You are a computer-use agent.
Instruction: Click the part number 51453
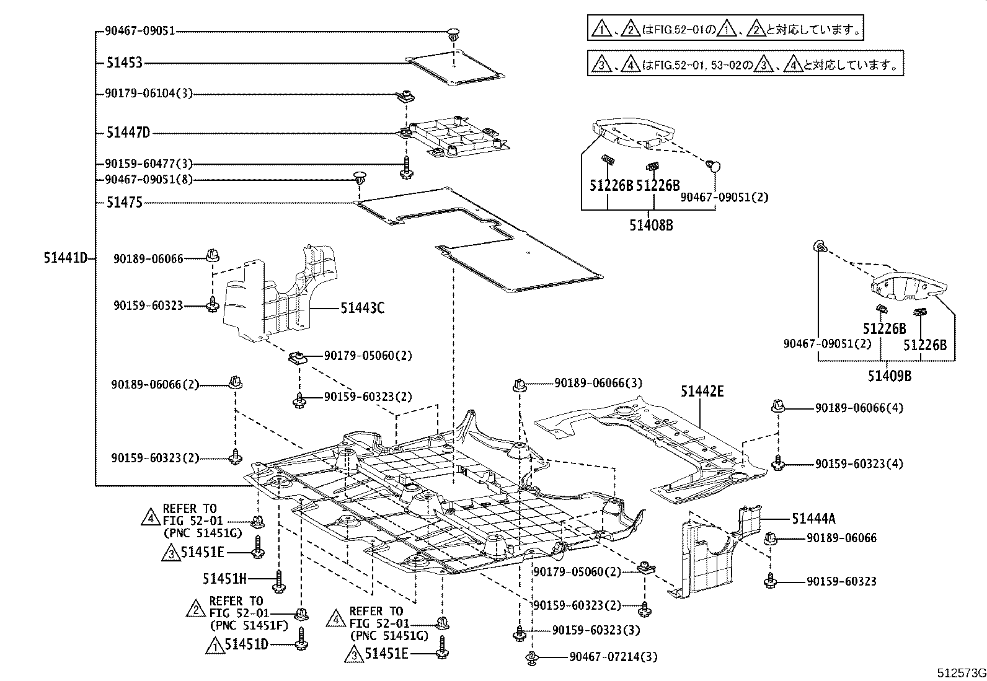pos(124,63)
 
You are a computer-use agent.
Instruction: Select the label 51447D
pos(128,133)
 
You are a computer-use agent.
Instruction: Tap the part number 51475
pos(124,203)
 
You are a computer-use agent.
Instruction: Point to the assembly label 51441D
pos(65,258)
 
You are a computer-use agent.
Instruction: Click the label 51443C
pos(361,307)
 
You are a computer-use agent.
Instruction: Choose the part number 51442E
pos(702,392)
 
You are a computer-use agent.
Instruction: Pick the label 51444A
pos(813,519)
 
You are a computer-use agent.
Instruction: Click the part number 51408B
pos(651,226)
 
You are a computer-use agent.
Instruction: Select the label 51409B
pos(888,376)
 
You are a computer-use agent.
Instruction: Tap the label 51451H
pos(224,579)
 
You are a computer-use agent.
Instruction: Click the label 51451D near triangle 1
pos(246,644)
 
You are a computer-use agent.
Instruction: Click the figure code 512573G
pos(960,673)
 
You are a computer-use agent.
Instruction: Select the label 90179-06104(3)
pos(149,94)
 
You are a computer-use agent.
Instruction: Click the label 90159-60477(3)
pos(149,164)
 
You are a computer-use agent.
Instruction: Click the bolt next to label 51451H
pos(278,580)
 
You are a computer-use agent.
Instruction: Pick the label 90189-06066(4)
pos(859,408)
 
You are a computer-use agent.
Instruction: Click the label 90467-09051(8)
pos(149,180)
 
